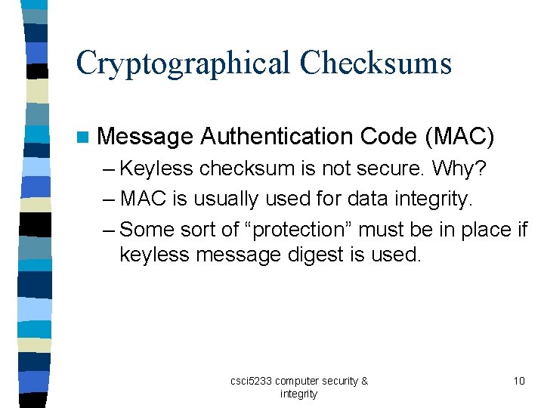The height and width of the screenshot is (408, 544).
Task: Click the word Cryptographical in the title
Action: coord(182,63)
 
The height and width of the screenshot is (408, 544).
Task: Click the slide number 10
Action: coord(519,381)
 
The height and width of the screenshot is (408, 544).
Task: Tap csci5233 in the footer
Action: coord(251,381)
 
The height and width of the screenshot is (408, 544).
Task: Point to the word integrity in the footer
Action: coord(298,394)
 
